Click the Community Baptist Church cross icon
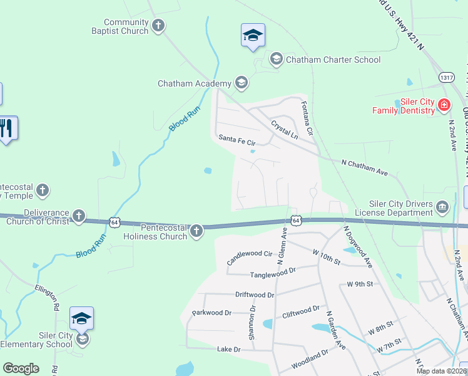(158, 26)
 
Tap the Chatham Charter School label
(333, 60)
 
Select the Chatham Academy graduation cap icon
(241, 83)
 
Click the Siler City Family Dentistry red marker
(444, 105)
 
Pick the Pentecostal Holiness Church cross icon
(196, 231)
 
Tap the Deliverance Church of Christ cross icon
(78, 216)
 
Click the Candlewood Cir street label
(250, 258)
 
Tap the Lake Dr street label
(228, 349)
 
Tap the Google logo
(21, 368)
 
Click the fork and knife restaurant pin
(6, 128)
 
